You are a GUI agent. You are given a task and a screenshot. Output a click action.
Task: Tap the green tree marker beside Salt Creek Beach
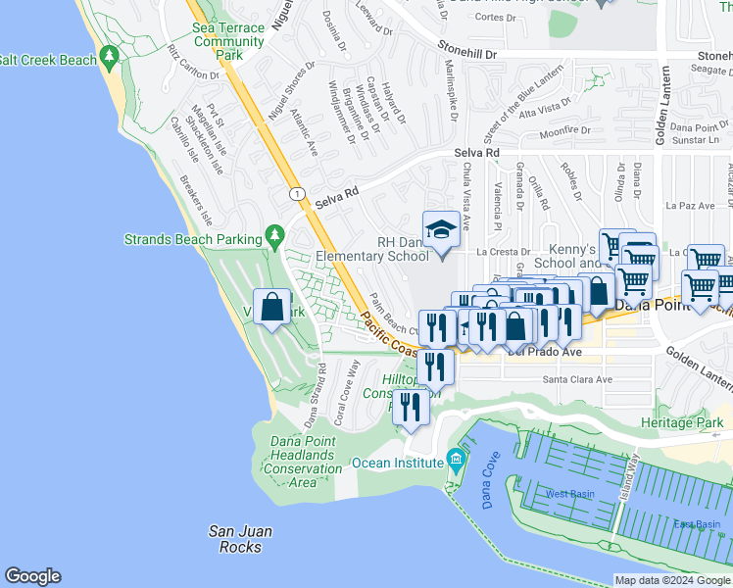109,60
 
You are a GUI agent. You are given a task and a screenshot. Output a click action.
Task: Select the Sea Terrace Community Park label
228,42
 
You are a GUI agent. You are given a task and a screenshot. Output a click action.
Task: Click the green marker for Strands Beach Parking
274,238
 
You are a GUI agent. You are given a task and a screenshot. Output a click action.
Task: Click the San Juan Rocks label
241,539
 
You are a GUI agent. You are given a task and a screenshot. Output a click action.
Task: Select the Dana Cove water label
483,485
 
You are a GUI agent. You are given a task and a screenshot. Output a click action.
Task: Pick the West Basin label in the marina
569,494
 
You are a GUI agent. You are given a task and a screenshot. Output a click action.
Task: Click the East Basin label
697,524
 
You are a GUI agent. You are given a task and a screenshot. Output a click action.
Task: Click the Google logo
32,576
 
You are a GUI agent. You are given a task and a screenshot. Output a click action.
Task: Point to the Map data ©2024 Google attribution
672,580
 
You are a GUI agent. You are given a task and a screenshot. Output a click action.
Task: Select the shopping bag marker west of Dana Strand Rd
272,307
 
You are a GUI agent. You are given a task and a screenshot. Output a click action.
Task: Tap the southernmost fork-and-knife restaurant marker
412,407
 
